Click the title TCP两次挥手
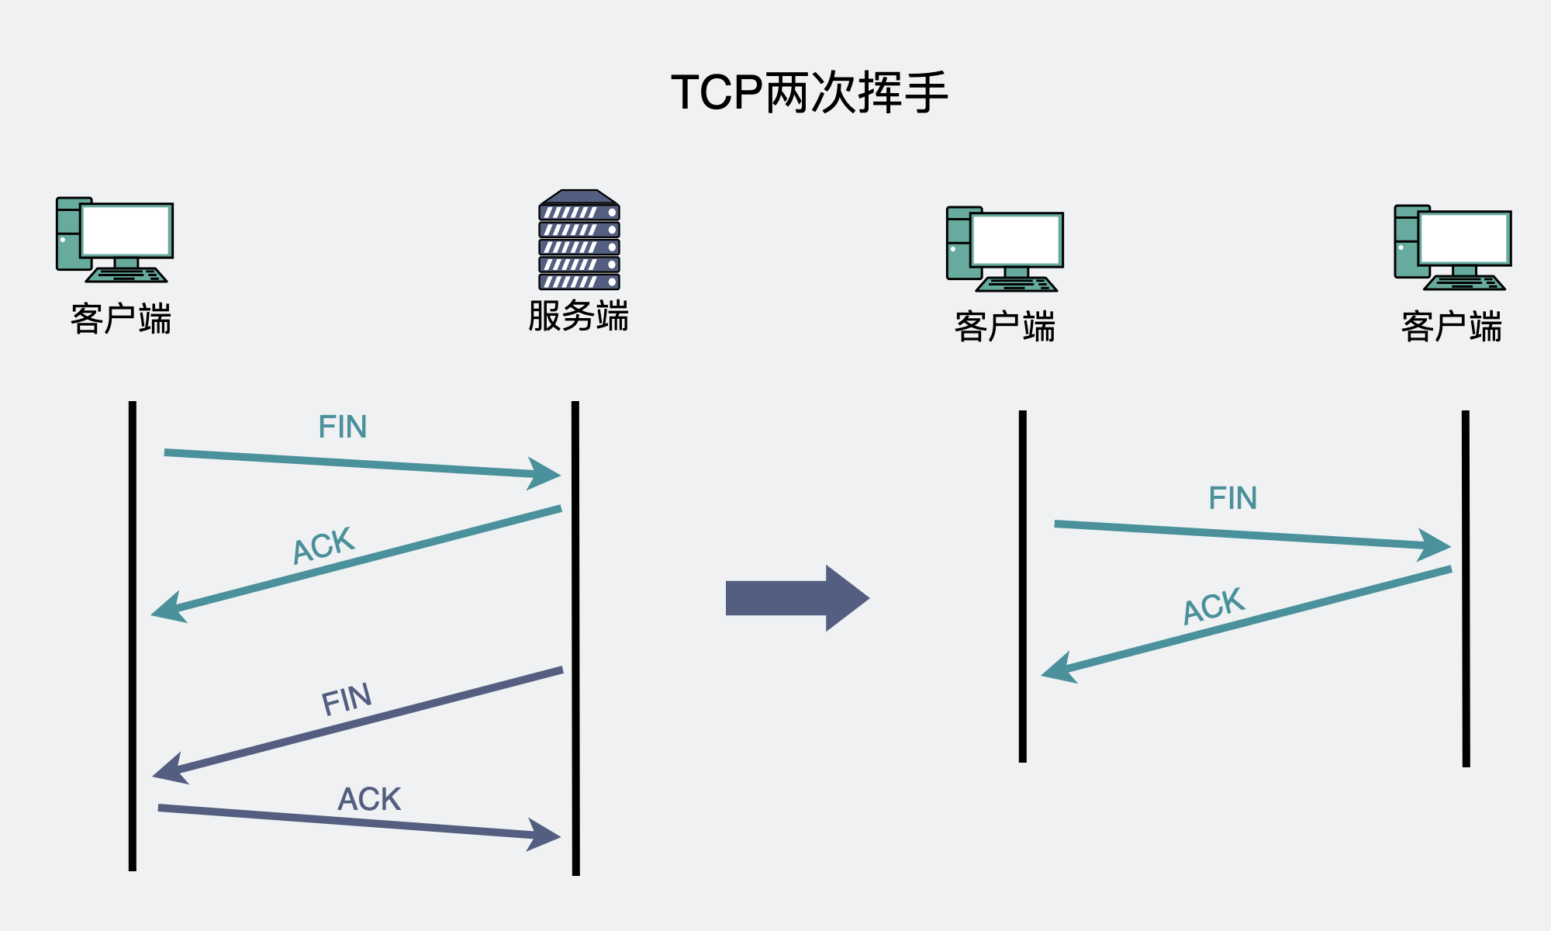point(810,93)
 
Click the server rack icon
point(579,241)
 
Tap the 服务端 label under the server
point(579,317)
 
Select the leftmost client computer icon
point(115,240)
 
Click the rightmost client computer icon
point(1453,247)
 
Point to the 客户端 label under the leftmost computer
point(121,319)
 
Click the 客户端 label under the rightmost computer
point(1452,326)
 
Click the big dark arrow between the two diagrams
point(797,598)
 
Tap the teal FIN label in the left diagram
point(342,427)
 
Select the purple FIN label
point(347,699)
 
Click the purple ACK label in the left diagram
point(369,799)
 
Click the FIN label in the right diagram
point(1232,498)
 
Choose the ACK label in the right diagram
point(1214,605)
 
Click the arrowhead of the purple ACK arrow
point(546,835)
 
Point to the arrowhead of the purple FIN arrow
point(168,769)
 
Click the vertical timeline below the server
point(575,636)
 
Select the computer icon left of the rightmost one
point(1005,249)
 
